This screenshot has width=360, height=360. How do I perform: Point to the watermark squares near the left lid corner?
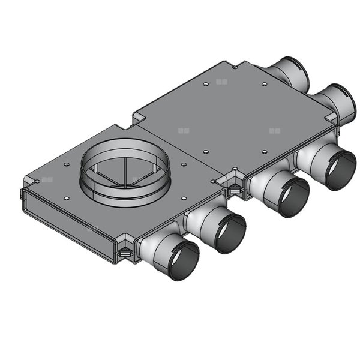coord(48,179)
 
